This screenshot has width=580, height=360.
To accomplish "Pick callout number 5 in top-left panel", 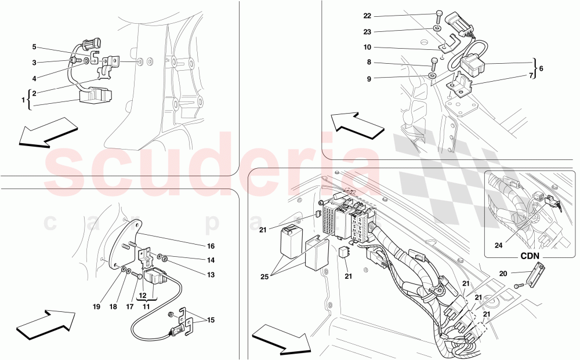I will tap(34, 46).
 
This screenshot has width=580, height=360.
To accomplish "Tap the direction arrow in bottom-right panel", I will tap(281, 340).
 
